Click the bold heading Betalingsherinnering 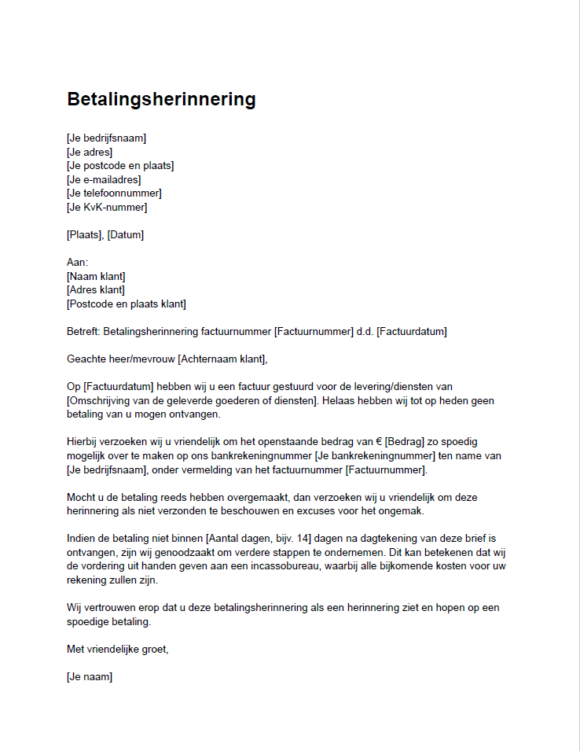coord(161,100)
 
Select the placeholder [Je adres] coord(90,153)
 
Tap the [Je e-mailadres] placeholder coord(104,180)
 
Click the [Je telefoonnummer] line coord(114,193)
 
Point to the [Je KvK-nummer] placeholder coord(107,208)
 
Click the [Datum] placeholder coord(127,235)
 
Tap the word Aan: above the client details coord(78,263)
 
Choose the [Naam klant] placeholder coord(96,276)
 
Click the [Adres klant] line coord(96,290)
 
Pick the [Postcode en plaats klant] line coord(126,304)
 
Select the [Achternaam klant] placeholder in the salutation coord(222,359)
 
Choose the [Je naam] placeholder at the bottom coord(90,676)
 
